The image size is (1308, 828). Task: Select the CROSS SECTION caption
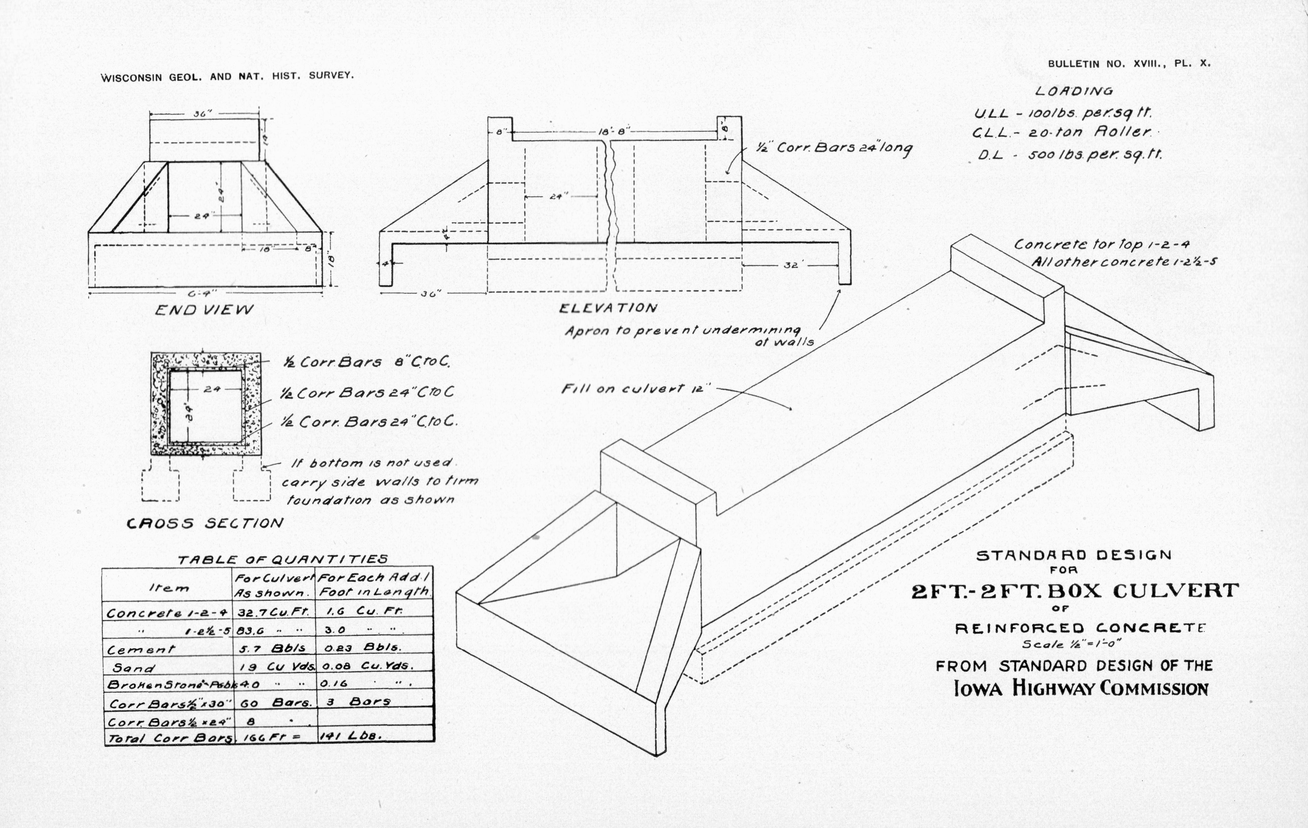pos(205,523)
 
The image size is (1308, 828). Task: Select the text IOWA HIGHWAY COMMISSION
pos(1081,688)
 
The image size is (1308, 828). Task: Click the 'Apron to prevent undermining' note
pos(682,331)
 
